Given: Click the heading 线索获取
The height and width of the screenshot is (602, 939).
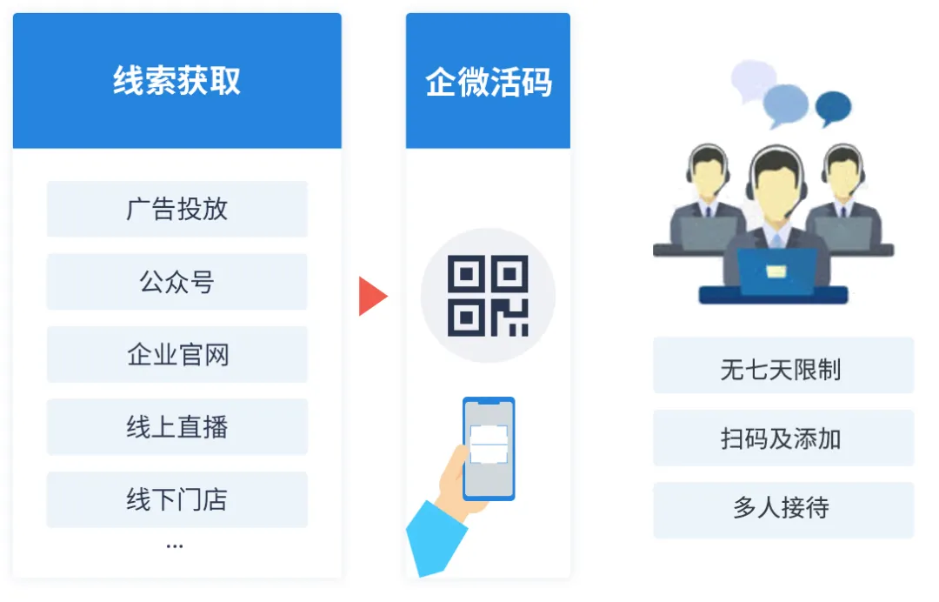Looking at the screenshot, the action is pyautogui.click(x=176, y=81).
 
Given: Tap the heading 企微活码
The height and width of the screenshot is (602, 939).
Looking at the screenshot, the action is pyautogui.click(x=488, y=82).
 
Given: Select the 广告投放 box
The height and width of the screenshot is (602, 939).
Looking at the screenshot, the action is pyautogui.click(x=177, y=209).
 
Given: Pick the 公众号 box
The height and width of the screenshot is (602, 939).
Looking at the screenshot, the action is pyautogui.click(x=177, y=282).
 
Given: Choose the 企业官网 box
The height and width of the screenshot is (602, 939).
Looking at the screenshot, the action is pyautogui.click(x=177, y=355).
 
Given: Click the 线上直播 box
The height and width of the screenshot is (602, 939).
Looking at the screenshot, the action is pyautogui.click(x=177, y=427).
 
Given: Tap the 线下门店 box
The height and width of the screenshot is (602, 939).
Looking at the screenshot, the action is pyautogui.click(x=177, y=499).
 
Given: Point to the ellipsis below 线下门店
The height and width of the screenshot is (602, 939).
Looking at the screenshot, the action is pyautogui.click(x=175, y=546).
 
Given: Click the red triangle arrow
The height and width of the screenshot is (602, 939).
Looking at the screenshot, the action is pyautogui.click(x=372, y=296).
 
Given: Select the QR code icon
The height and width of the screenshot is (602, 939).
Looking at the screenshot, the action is pyautogui.click(x=488, y=296).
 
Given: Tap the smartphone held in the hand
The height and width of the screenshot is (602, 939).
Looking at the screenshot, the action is pyautogui.click(x=489, y=449).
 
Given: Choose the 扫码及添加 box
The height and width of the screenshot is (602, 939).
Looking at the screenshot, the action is pyautogui.click(x=783, y=438).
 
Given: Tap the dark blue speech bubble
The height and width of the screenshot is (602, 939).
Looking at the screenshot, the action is pyautogui.click(x=834, y=108).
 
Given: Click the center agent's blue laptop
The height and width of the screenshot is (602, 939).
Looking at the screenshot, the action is pyautogui.click(x=776, y=272).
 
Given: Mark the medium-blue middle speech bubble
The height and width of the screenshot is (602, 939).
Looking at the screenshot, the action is pyautogui.click(x=785, y=105).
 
